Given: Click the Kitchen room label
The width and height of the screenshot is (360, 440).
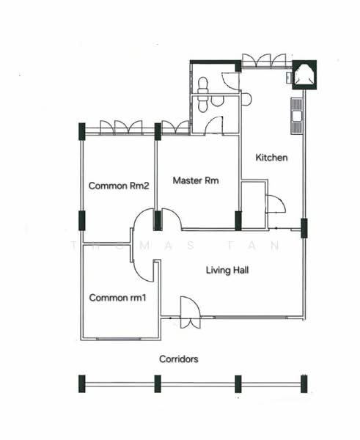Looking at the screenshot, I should (x=271, y=158).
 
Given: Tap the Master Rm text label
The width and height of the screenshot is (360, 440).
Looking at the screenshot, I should (x=196, y=180).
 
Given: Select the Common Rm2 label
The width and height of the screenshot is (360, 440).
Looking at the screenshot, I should (x=119, y=186).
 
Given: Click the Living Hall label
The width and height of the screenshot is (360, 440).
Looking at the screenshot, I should (x=227, y=271).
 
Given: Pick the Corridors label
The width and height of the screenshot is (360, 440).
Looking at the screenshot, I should (x=179, y=359).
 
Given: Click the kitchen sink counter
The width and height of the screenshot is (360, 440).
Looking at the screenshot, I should (x=296, y=117).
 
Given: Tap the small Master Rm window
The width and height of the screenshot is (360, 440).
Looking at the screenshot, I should (x=175, y=128).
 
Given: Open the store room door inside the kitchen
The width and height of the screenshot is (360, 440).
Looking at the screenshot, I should (x=275, y=204).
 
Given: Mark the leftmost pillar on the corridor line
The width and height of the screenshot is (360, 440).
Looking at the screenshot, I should (x=82, y=383).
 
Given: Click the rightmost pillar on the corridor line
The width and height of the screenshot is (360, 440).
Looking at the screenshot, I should (x=304, y=383).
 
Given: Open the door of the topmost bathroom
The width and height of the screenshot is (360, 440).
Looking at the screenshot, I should (x=229, y=81).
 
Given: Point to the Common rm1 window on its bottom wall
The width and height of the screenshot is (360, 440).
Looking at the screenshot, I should (x=119, y=338).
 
